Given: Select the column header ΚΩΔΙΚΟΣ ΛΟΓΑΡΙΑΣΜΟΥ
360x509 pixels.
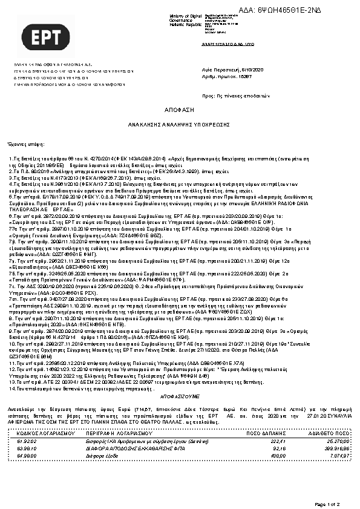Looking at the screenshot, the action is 45,434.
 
